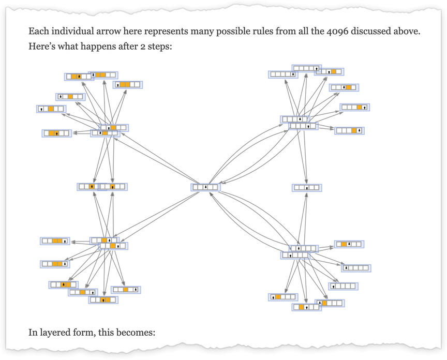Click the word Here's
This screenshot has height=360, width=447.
point(40,46)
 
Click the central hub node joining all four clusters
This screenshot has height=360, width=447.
point(205,187)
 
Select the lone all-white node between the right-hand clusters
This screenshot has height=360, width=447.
point(306,188)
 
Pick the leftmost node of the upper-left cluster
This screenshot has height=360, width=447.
point(51,109)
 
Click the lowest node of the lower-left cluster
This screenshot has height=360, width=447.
point(102,299)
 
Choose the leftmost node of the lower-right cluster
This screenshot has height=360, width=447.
point(283,297)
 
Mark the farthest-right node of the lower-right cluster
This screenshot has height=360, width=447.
point(356,268)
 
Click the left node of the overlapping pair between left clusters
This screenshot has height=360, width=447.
point(89,186)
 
